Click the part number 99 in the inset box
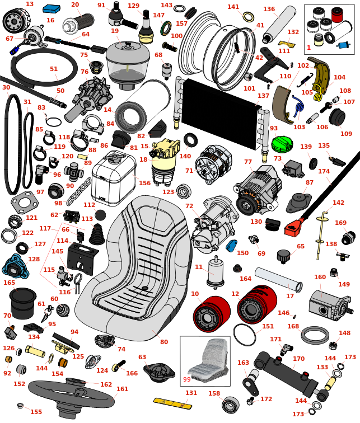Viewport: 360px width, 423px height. coord(187,379)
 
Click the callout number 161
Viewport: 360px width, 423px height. coord(122,389)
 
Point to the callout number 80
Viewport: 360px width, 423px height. coord(163,342)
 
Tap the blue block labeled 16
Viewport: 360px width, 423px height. coord(52,8)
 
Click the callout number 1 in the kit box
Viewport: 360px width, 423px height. coord(308,48)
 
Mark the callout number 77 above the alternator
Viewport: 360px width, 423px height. coord(248,162)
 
